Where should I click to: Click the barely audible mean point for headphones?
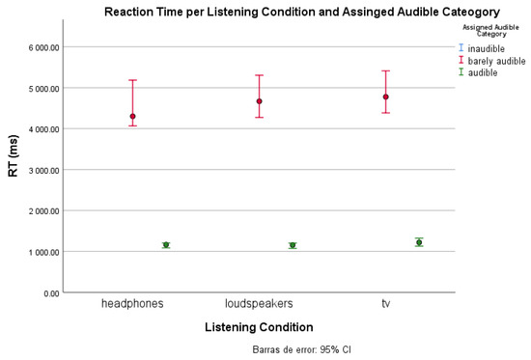(x=133, y=116)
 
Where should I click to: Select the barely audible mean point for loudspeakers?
(x=260, y=101)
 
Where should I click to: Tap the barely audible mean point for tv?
(x=386, y=97)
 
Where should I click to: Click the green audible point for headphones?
(x=166, y=245)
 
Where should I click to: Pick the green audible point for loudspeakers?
(x=293, y=245)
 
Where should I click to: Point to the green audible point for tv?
(x=419, y=242)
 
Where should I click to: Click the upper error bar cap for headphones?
(x=133, y=80)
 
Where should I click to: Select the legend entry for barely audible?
(x=492, y=60)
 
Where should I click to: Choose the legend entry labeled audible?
(x=483, y=72)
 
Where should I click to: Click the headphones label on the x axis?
(x=132, y=304)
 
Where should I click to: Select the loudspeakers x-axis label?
(x=259, y=304)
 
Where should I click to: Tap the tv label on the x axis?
(x=386, y=304)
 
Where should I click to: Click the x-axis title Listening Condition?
(x=259, y=327)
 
